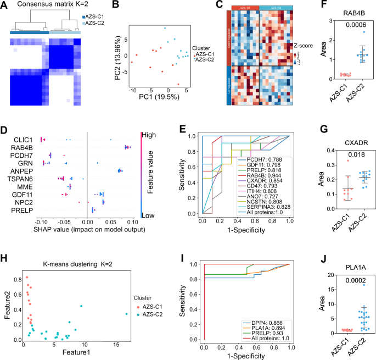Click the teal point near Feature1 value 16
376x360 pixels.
[126, 314]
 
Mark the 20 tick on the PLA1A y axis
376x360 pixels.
[313, 274]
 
